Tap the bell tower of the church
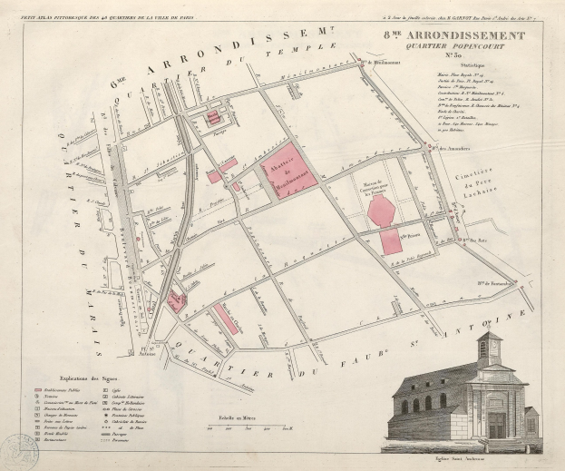[489, 350]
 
